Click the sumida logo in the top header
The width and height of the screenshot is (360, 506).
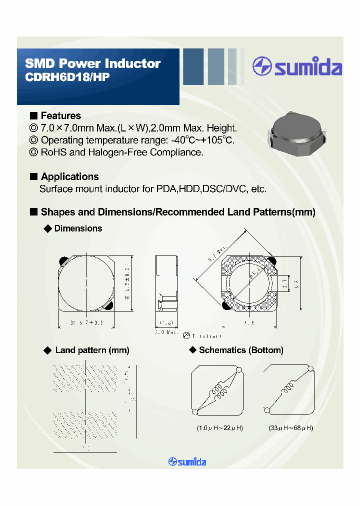point(297,67)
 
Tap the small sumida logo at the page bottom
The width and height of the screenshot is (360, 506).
point(187,461)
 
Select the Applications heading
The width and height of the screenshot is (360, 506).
point(69,176)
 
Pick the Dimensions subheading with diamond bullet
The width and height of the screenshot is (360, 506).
point(77,228)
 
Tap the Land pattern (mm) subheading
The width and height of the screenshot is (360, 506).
point(92,350)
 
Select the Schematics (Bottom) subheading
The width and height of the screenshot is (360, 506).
point(240,350)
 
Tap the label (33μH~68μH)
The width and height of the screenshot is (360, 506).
point(290,428)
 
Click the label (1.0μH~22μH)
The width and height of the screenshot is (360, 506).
point(219,428)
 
